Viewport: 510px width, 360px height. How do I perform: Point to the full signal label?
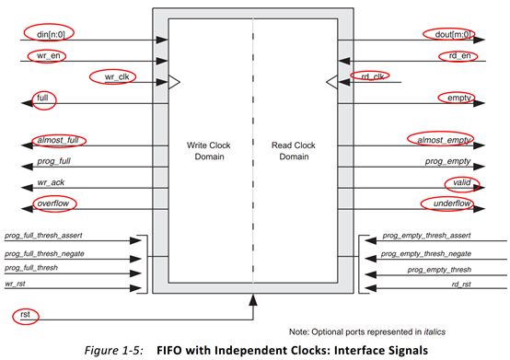(42, 97)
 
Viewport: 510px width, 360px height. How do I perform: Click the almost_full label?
(56, 140)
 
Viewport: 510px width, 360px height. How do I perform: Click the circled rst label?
(26, 316)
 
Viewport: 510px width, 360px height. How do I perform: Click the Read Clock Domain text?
(296, 151)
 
